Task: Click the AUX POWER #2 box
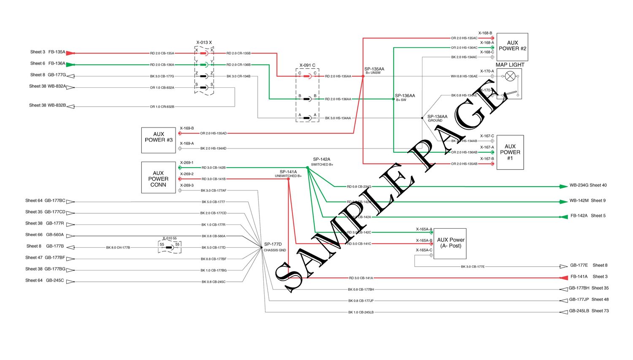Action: pyautogui.click(x=512, y=46)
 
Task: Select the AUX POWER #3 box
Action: pyautogui.click(x=158, y=140)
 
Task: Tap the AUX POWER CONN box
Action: pyautogui.click(x=158, y=178)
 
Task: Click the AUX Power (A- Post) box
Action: pyautogui.click(x=451, y=244)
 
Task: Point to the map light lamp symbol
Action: pyautogui.click(x=510, y=76)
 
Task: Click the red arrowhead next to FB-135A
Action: pyautogui.click(x=70, y=53)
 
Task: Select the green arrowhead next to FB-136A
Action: pyautogui.click(x=70, y=65)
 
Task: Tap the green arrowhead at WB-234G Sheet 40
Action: pyautogui.click(x=563, y=186)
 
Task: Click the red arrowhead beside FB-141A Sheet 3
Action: pyautogui.click(x=563, y=278)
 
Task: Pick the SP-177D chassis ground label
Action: pyautogui.click(x=274, y=247)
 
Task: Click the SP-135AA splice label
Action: pyautogui.click(x=374, y=70)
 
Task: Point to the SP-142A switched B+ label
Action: pyautogui.click(x=322, y=162)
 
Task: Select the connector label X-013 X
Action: pyautogui.click(x=204, y=43)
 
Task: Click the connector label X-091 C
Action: pyautogui.click(x=307, y=65)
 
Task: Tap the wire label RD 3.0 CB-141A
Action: pyautogui.click(x=361, y=278)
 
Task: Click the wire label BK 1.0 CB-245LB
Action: pyautogui.click(x=361, y=312)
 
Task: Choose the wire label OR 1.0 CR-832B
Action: pyautogui.click(x=162, y=107)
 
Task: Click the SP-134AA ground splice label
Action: pyautogui.click(x=437, y=118)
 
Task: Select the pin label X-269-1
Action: pyautogui.click(x=187, y=162)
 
